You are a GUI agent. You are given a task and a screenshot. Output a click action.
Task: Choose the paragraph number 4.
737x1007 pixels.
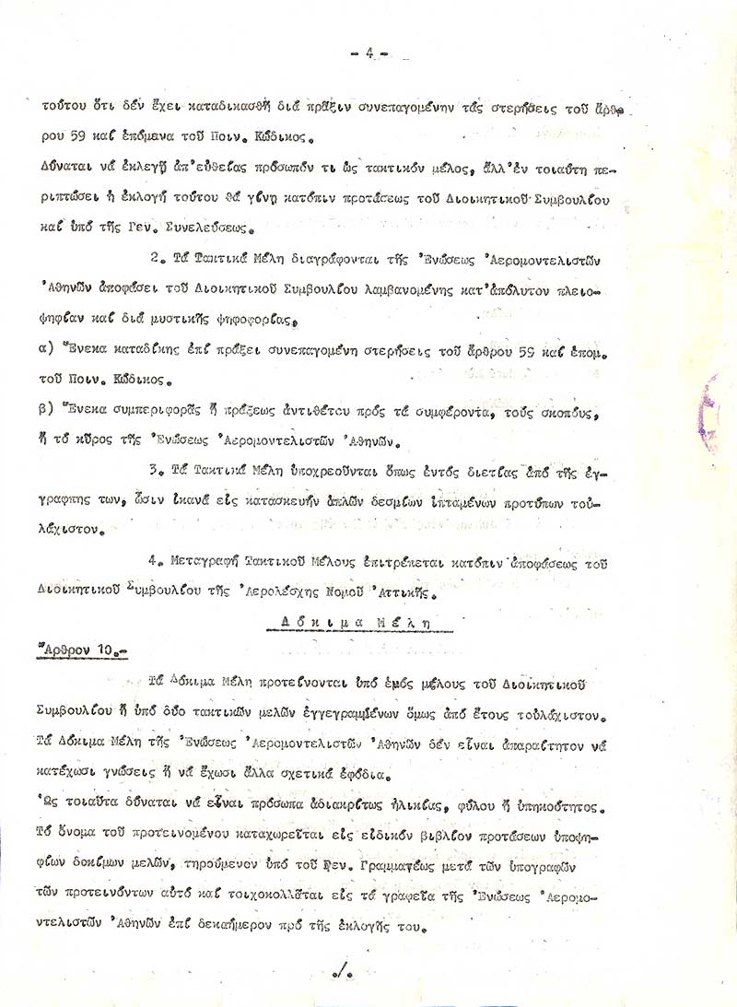[x=153, y=562]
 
